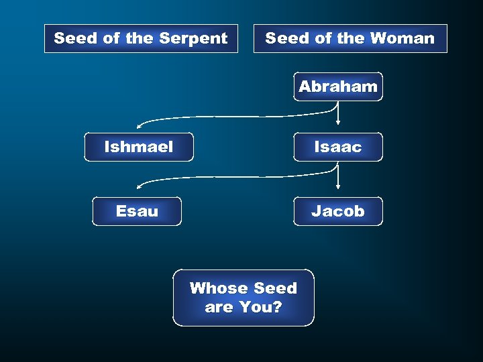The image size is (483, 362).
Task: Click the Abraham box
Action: click(x=338, y=86)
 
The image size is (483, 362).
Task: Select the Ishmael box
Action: click(x=139, y=147)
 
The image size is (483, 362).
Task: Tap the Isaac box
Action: click(x=338, y=147)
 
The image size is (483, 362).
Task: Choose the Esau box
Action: click(x=137, y=211)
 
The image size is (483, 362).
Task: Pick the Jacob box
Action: click(x=338, y=211)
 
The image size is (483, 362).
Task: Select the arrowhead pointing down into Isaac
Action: click(x=338, y=123)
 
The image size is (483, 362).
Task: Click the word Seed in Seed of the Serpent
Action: click(x=76, y=39)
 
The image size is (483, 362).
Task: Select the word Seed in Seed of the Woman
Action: click(x=287, y=39)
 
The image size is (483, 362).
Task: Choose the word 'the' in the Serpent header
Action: click(x=139, y=39)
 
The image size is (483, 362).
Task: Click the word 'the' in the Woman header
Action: click(x=351, y=39)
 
